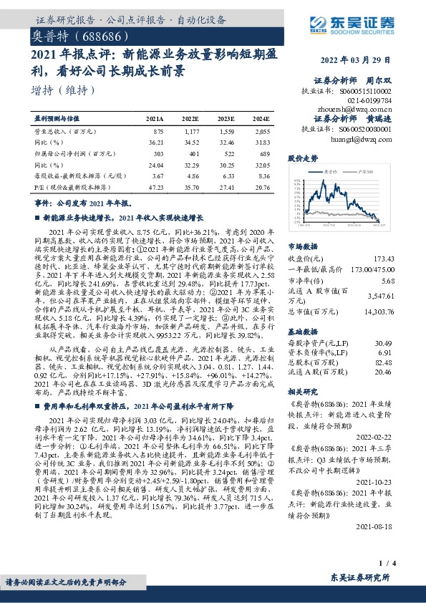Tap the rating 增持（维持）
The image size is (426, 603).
(63, 90)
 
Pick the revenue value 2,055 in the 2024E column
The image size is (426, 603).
(261, 132)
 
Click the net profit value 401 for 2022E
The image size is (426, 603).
(190, 153)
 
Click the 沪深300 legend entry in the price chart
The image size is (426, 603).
(369, 172)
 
